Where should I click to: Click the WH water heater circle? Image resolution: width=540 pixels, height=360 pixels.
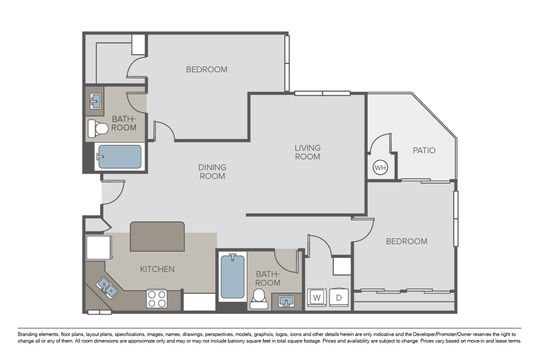(380, 168)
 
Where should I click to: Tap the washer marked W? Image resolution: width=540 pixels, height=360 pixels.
(317, 298)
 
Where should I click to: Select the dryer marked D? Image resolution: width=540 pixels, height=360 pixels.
(339, 298)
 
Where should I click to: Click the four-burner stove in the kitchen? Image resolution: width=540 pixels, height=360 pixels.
(157, 299)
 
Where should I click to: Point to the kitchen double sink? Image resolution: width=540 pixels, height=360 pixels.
(107, 287)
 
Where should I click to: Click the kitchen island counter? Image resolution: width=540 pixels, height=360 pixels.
(157, 236)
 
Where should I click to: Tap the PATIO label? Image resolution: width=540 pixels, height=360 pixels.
(424, 150)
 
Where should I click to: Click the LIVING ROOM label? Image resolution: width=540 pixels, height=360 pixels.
(307, 152)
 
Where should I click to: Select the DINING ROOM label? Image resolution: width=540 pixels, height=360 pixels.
(213, 172)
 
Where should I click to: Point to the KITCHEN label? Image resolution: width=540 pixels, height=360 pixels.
(157, 269)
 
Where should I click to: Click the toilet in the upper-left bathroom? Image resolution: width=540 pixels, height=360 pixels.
(98, 129)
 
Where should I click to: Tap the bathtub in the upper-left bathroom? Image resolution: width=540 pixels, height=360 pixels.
(120, 157)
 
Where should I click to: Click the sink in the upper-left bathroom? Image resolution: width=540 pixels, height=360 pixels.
(96, 101)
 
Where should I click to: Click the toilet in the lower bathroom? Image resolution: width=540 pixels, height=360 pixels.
(259, 299)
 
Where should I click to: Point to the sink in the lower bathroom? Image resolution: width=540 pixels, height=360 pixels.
(286, 301)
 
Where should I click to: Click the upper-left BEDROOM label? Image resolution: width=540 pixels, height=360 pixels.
(206, 69)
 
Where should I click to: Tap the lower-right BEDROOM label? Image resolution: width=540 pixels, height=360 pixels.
(407, 241)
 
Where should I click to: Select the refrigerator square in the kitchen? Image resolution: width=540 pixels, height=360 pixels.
(99, 247)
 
